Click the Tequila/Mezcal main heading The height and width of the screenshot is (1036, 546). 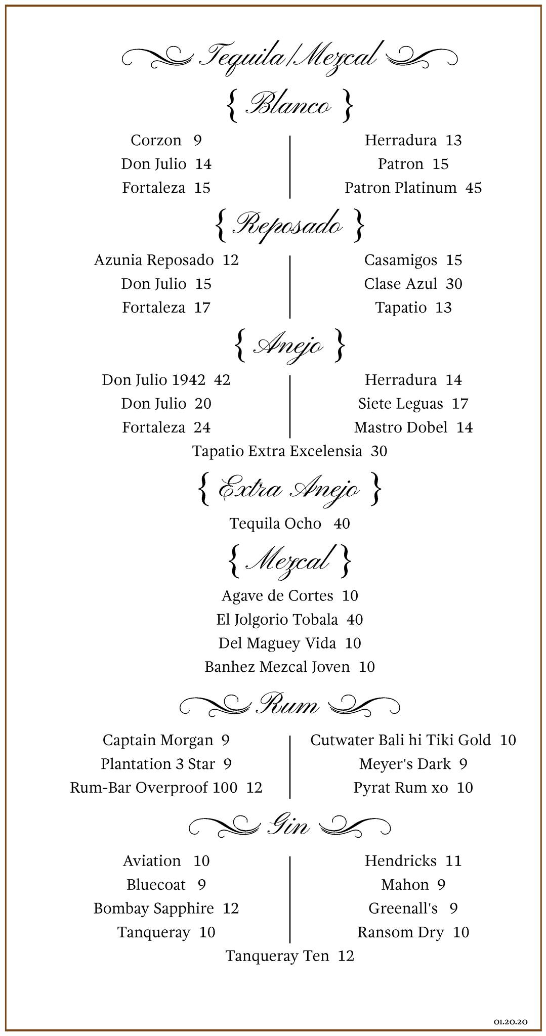coord(289,56)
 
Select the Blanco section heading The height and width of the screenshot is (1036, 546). coord(289,105)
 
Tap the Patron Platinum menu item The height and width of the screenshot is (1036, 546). coord(401,188)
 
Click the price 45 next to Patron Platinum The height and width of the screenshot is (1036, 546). coord(474,188)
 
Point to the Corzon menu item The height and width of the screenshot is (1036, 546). coord(156,140)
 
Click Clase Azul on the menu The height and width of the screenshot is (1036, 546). coord(401,284)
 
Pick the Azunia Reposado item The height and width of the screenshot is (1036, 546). coord(154,260)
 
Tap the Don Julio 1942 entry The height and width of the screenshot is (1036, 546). coord(154,380)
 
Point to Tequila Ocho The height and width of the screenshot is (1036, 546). coord(275,523)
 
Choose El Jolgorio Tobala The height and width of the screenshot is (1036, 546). coord(277,619)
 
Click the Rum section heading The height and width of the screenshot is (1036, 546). coord(289,704)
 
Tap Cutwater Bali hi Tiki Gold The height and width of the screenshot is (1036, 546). coord(401,740)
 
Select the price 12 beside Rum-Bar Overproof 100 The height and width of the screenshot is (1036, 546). coord(255,788)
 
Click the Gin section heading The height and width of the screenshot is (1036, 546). coord(288,827)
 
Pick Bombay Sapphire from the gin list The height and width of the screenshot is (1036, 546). coord(154,909)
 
